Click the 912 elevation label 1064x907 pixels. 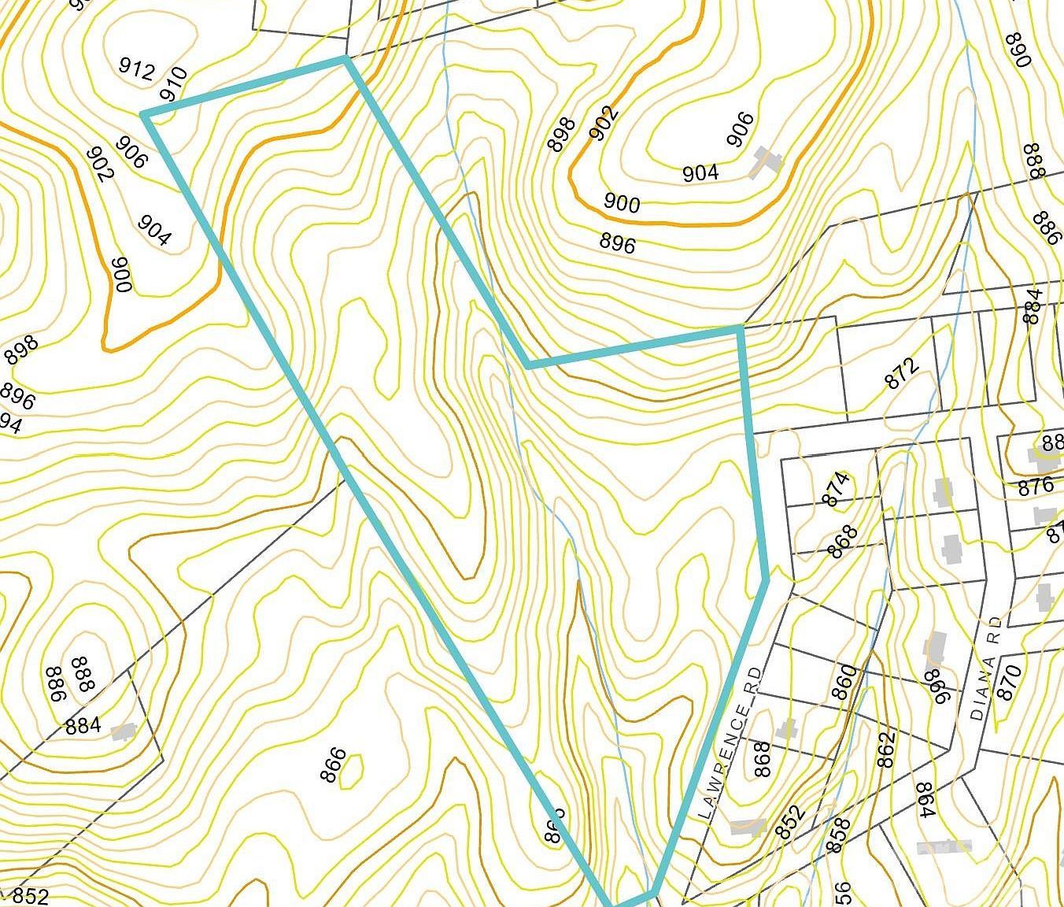coord(136,70)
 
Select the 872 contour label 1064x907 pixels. coord(902,374)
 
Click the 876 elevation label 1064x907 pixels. coord(1035,487)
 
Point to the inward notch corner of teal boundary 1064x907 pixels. coord(529,365)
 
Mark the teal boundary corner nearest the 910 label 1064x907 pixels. coord(145,115)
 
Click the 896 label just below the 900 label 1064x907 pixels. coord(617,243)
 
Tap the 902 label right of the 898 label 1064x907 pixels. coord(604,124)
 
